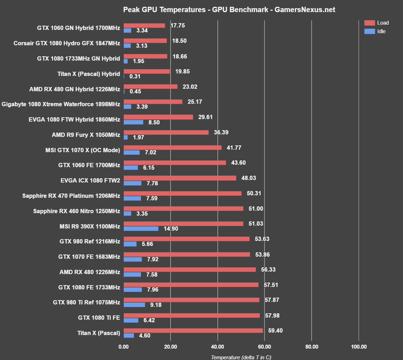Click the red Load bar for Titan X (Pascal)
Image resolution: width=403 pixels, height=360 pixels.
click(x=193, y=330)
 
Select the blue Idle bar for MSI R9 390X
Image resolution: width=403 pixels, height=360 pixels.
click(x=141, y=228)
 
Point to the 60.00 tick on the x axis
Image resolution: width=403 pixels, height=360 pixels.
click(x=265, y=346)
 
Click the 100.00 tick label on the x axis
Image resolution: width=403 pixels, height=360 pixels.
click(x=358, y=346)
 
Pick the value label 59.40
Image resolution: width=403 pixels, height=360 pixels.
click(x=275, y=330)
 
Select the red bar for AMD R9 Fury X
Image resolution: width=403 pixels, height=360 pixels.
click(x=166, y=132)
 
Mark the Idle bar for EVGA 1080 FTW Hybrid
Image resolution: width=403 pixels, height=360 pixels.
click(x=134, y=122)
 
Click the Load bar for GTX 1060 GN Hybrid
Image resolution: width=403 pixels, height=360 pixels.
click(x=144, y=25)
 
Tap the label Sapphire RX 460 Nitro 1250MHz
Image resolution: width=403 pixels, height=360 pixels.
click(x=77, y=211)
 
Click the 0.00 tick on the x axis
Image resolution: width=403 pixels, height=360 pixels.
click(x=124, y=346)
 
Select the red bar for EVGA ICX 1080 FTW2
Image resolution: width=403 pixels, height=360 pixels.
click(x=180, y=178)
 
